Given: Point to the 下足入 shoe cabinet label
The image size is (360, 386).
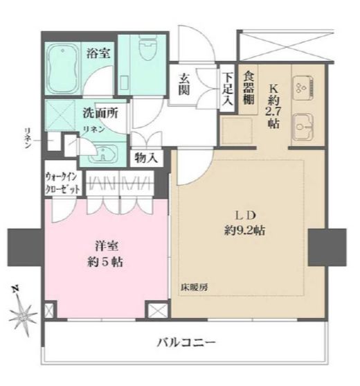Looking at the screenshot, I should coord(227,87).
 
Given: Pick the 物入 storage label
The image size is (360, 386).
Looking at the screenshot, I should coord(145,158).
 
